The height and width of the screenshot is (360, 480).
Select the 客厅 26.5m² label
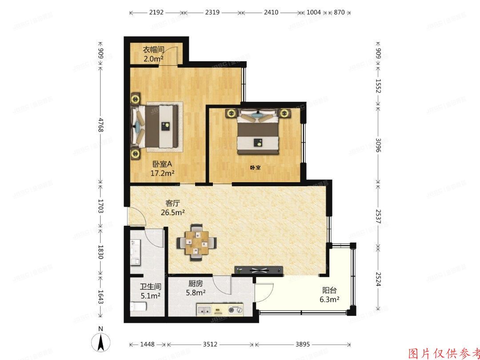[173, 208]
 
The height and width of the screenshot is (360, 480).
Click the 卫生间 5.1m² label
[150, 291]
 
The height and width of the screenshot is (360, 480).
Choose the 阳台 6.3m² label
[329, 295]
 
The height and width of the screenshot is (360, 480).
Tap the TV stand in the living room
[259, 270]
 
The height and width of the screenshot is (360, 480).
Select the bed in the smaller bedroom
[258, 132]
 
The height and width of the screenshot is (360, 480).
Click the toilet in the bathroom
[138, 307]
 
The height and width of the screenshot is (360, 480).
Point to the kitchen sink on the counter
[205, 310]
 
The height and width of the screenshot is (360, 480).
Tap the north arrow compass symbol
[101, 342]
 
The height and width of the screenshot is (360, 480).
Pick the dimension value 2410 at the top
[271, 12]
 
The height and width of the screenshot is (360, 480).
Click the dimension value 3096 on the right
[378, 144]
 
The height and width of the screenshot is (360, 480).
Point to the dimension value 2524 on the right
[378, 279]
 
